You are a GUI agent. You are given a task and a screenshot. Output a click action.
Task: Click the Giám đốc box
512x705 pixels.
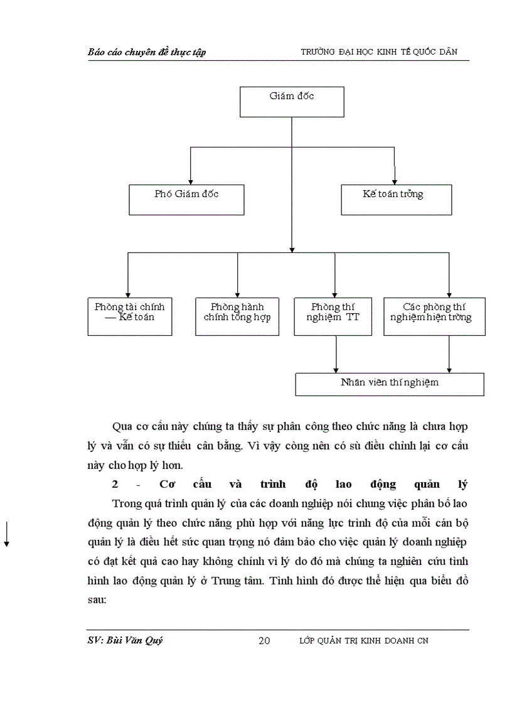(292, 102)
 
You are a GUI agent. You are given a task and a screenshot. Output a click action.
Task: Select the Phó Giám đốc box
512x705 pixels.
(186, 200)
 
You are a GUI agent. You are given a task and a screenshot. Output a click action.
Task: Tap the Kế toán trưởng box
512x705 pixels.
(396, 200)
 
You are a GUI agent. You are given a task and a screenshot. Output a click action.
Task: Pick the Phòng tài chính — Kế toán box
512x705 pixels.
(129, 316)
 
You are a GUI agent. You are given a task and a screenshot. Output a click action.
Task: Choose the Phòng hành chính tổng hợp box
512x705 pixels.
(237, 316)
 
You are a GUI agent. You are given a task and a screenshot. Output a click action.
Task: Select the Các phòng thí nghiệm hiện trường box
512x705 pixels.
(434, 316)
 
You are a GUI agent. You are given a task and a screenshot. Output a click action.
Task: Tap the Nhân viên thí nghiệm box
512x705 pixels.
(389, 384)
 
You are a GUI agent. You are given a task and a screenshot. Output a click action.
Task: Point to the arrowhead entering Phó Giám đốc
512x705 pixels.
(190, 181)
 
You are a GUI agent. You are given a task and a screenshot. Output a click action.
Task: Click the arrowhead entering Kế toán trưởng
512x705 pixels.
(393, 181)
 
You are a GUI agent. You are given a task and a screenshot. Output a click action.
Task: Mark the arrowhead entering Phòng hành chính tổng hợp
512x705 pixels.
(237, 294)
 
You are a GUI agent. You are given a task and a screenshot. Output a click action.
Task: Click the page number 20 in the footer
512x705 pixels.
(264, 640)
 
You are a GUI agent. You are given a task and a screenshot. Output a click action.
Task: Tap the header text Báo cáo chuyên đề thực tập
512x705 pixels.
(147, 52)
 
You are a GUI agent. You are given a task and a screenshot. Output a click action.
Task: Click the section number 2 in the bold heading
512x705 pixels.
(115, 485)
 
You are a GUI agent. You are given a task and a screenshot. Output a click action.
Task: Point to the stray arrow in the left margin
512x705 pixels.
(6, 534)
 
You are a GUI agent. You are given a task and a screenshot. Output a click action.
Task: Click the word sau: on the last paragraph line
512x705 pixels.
(98, 600)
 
